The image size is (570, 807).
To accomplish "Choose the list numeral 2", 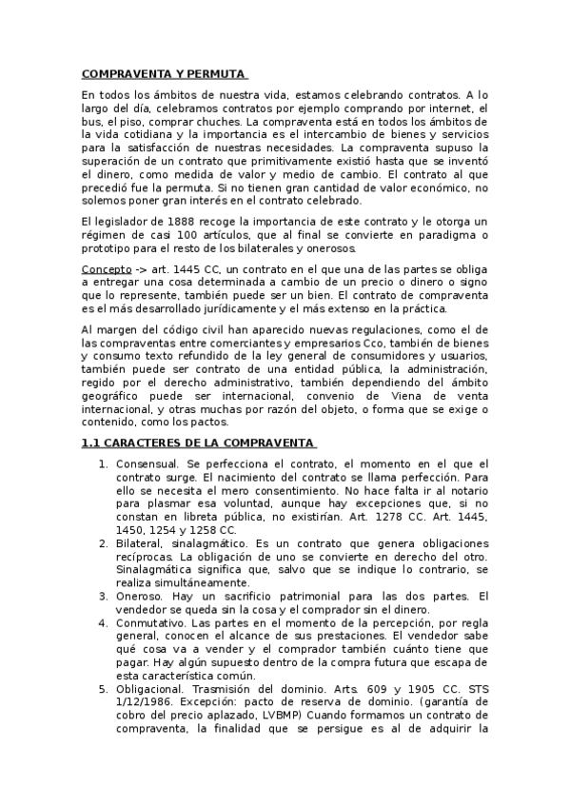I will tap(104, 542).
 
